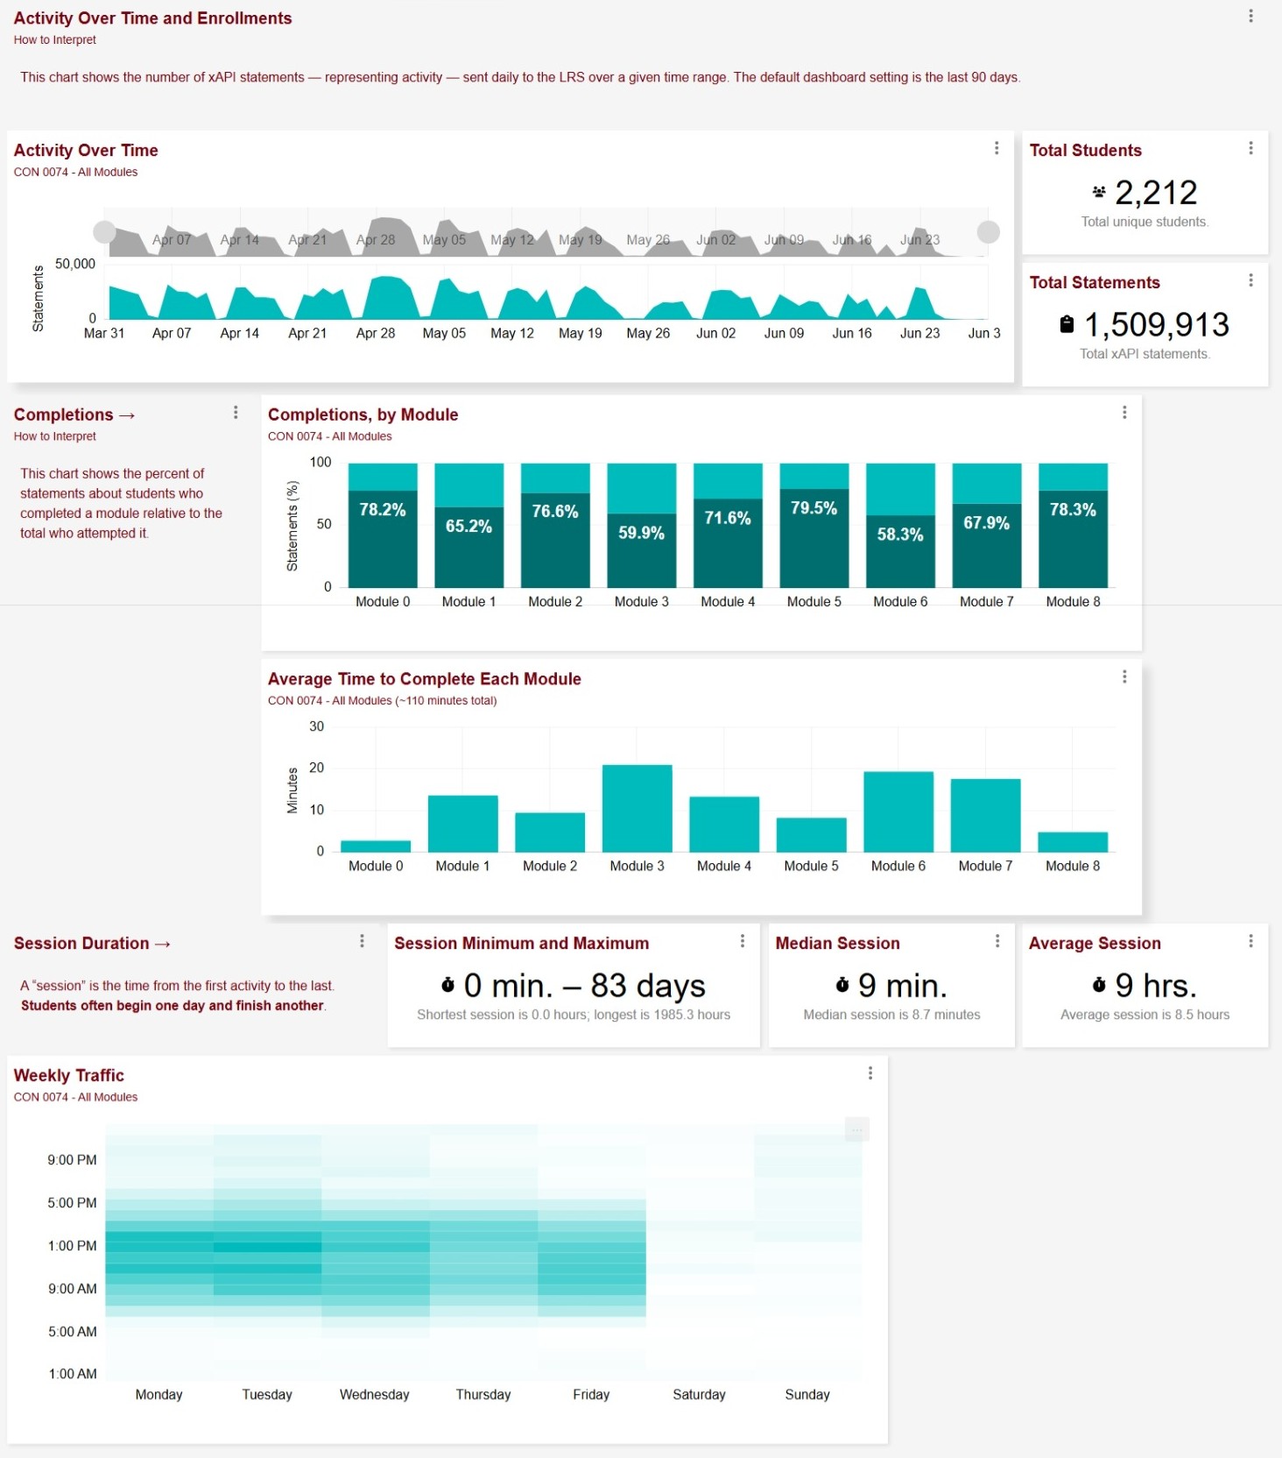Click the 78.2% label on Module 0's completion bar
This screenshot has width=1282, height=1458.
tap(383, 510)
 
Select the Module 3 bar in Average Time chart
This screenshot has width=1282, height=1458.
tap(637, 808)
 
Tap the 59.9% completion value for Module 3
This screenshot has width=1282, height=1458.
tap(641, 533)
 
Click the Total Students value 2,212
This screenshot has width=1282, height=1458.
tap(1156, 193)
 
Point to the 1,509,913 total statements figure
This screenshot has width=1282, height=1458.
tap(1157, 325)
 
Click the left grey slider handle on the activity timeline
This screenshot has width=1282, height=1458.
tap(105, 231)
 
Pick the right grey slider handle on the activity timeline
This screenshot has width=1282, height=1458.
tap(989, 231)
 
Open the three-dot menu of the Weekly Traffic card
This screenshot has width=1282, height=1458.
tap(870, 1073)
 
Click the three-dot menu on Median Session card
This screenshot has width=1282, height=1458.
tap(997, 941)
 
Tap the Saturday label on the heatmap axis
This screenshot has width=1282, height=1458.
tap(699, 1394)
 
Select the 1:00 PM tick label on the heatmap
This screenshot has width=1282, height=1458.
tap(73, 1246)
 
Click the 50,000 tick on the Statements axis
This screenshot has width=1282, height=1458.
tap(75, 264)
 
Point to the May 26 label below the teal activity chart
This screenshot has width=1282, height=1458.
tap(648, 333)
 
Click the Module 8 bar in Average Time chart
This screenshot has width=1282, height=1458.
tap(1073, 842)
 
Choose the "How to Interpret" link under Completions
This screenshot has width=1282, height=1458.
tap(55, 436)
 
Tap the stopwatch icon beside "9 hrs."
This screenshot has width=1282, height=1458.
tap(1099, 985)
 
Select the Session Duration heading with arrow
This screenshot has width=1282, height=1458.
tap(92, 944)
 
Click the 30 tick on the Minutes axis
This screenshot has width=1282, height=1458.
tap(317, 726)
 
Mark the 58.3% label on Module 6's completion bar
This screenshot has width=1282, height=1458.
tap(900, 534)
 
